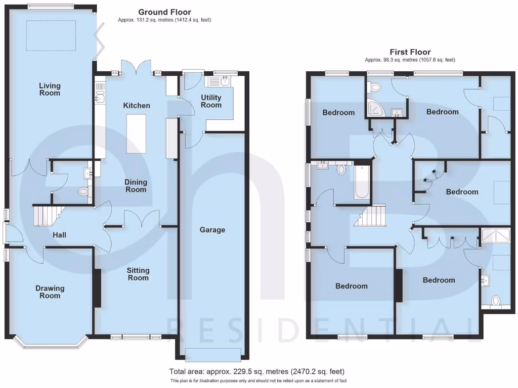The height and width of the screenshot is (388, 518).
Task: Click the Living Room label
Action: (50, 89)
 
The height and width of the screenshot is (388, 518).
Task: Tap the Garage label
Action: (212, 230)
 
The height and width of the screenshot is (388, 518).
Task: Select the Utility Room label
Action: (211, 101)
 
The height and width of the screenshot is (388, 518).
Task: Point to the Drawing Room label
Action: (50, 292)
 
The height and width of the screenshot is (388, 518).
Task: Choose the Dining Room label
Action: (136, 185)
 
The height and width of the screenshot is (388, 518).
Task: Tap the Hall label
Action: (60, 235)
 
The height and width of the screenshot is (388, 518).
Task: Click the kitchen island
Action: (136, 133)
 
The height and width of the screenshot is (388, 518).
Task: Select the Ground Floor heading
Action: (164, 12)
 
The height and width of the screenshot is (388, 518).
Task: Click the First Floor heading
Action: (410, 52)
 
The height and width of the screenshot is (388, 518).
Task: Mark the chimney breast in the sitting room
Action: (97, 288)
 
